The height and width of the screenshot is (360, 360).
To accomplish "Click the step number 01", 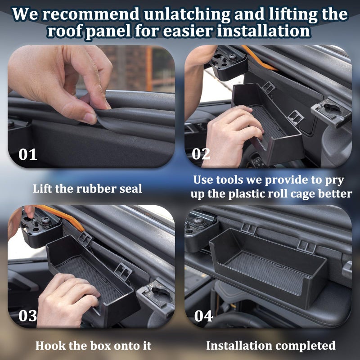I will (x=27, y=154).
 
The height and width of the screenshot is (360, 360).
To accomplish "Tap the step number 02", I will (x=201, y=153).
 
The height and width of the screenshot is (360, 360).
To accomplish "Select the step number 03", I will (x=27, y=315).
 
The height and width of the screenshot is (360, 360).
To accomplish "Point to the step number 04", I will (x=203, y=315).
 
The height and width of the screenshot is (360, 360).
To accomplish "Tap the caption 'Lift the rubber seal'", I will (x=87, y=189).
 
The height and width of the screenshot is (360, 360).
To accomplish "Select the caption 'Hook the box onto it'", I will (x=94, y=346).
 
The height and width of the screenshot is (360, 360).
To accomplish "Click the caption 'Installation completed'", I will (x=270, y=346).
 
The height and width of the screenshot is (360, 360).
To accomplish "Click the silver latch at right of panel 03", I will (x=155, y=297).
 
